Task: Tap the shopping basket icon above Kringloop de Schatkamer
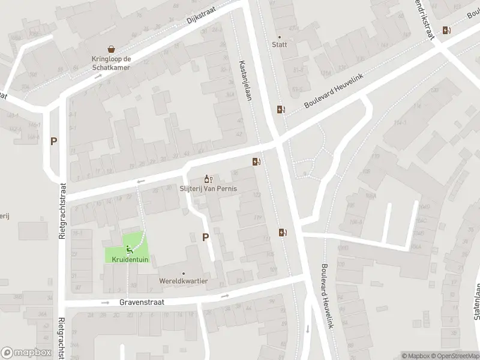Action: pyautogui.click(x=111, y=49)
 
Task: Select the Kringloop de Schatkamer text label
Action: pyautogui.click(x=110, y=63)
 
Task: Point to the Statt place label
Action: pyautogui.click(x=279, y=44)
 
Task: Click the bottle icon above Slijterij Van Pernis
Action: pyautogui.click(x=208, y=179)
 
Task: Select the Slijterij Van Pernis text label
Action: pyautogui.click(x=208, y=188)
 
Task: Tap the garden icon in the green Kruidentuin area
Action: pyautogui.click(x=128, y=250)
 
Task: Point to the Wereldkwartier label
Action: pyautogui.click(x=184, y=281)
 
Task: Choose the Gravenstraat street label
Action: pyautogui.click(x=141, y=303)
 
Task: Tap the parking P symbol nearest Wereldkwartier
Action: pyautogui.click(x=206, y=237)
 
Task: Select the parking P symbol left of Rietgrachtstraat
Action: pyautogui.click(x=54, y=142)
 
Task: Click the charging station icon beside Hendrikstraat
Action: pyautogui.click(x=446, y=30)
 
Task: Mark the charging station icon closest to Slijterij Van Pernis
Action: pyautogui.click(x=256, y=161)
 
